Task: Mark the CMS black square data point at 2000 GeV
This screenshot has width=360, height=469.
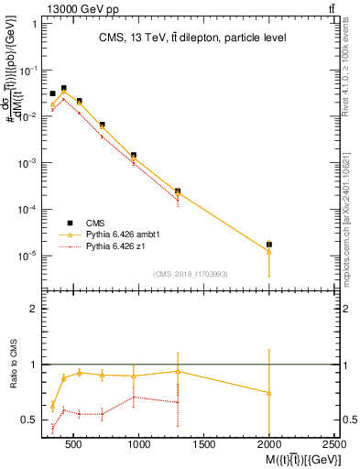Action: pos(268,245)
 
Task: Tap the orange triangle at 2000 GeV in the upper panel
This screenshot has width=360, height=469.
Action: pos(268,251)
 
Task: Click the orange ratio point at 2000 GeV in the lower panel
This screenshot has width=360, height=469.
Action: pos(268,392)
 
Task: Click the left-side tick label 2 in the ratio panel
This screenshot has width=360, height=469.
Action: pos(34,309)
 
